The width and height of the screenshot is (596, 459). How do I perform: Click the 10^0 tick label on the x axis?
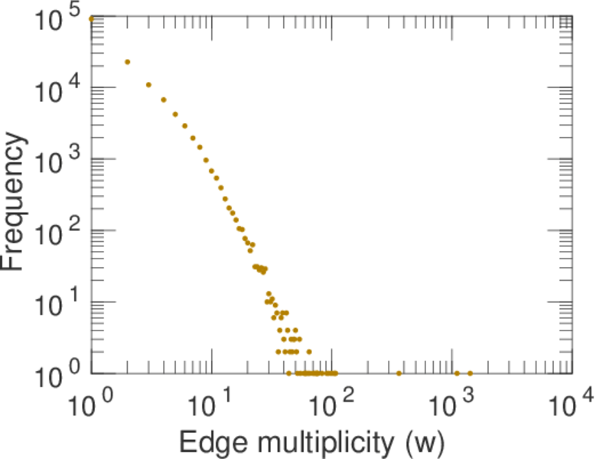(x=91, y=403)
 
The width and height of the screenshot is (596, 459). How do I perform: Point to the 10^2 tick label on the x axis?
(x=331, y=403)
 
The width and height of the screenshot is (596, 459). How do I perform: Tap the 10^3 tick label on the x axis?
(x=451, y=403)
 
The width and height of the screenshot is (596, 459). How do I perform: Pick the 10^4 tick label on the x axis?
(x=572, y=403)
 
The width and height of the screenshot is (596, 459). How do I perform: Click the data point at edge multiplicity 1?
(x=92, y=18)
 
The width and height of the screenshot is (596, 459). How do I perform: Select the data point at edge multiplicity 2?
(x=128, y=62)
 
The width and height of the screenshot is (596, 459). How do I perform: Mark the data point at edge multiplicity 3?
(x=148, y=85)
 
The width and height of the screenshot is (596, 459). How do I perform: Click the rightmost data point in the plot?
(x=470, y=373)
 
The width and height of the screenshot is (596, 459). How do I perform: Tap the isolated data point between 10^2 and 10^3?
(x=399, y=373)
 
